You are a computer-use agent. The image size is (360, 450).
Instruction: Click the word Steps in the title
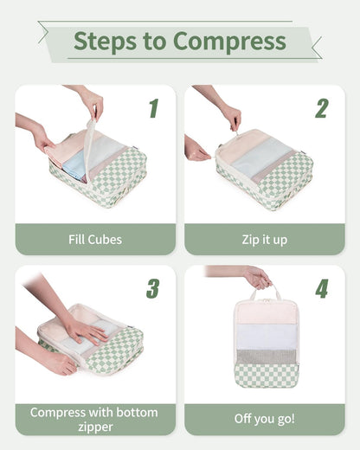[102, 41]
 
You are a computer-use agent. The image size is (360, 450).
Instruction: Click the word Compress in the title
[229, 41]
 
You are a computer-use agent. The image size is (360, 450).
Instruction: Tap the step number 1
[153, 108]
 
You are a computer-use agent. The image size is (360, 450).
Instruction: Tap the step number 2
[321, 108]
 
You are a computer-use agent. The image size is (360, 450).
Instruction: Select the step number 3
[153, 288]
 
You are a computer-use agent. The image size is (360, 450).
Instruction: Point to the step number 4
[321, 288]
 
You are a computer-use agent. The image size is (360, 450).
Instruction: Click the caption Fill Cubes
[95, 239]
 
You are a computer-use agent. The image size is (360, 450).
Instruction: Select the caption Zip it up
[263, 239]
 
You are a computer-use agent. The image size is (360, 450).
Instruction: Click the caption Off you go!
[263, 419]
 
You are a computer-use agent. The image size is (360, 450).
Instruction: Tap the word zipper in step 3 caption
[95, 427]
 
